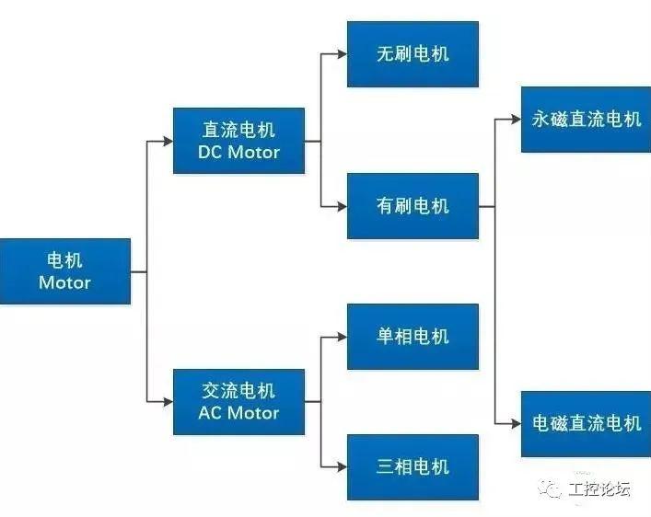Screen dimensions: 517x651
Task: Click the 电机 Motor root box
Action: tap(64, 271)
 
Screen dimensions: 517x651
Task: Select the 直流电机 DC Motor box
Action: tap(238, 141)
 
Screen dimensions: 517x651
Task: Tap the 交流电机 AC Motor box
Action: tap(238, 402)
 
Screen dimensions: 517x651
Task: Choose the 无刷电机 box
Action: tap(413, 53)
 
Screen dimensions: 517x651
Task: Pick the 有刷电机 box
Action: tap(413, 206)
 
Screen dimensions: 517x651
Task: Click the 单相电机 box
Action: tap(413, 336)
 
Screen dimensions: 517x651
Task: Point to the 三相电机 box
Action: tap(413, 466)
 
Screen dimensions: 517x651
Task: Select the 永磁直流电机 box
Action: tap(586, 120)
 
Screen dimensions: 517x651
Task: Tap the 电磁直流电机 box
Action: tap(586, 423)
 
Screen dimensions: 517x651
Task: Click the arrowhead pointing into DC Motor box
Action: tap(167, 142)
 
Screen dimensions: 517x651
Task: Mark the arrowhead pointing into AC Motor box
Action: tap(167, 402)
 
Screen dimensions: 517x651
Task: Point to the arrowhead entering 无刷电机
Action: tap(341, 54)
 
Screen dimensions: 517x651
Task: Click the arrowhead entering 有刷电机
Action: tap(341, 206)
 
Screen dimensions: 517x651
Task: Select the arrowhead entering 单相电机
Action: tap(341, 337)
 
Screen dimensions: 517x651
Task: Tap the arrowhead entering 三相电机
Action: tap(341, 466)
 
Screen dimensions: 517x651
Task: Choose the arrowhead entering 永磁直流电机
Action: tap(515, 120)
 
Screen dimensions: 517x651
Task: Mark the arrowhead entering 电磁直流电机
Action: tap(515, 423)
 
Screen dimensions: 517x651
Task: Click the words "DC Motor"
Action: tap(238, 152)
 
